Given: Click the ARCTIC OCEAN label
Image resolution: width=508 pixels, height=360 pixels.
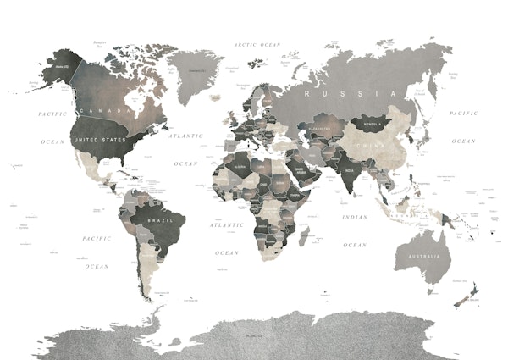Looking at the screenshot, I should pyautogui.click(x=257, y=44).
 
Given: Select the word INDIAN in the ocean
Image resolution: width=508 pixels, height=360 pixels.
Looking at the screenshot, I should pyautogui.click(x=355, y=218).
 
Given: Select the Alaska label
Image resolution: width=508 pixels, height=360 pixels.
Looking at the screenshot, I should pyautogui.click(x=59, y=65).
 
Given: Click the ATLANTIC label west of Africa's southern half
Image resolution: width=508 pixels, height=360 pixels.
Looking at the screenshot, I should pyautogui.click(x=226, y=225).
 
